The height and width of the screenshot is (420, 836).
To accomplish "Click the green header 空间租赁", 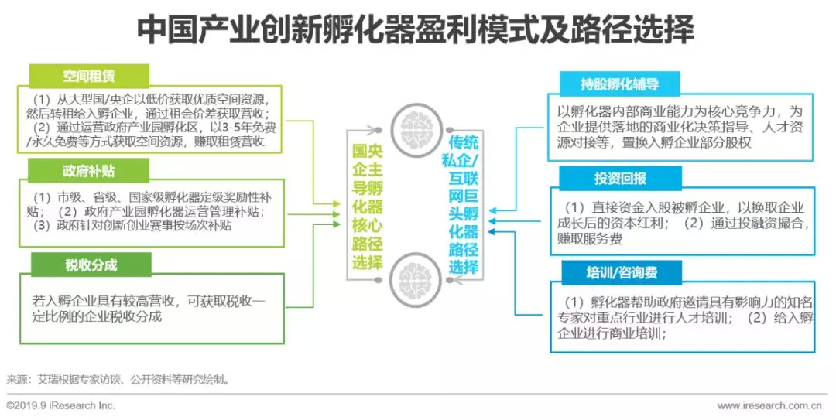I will tap(89, 76).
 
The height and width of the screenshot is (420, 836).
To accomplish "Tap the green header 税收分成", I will tap(90, 265).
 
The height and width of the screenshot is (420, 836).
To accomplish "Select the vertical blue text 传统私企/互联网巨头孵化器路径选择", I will tap(464, 206).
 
